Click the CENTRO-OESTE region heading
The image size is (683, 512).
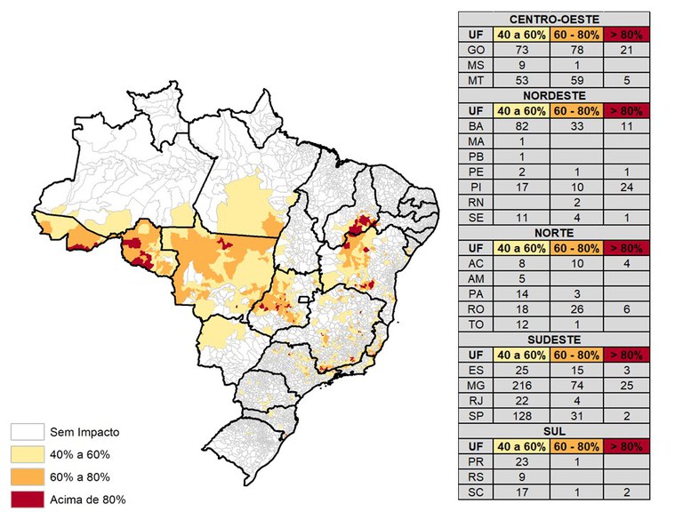554,19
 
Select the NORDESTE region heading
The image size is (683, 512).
554,95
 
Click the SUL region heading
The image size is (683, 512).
554,431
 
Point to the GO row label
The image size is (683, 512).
476,50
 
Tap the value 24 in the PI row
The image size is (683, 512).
626,188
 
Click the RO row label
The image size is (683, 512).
476,310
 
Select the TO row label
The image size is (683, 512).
476,325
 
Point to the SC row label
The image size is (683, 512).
476,492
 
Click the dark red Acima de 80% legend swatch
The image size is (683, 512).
27,499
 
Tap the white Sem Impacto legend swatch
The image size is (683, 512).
27,433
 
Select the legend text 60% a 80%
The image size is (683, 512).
81,477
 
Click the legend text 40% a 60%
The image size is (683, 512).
81,455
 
